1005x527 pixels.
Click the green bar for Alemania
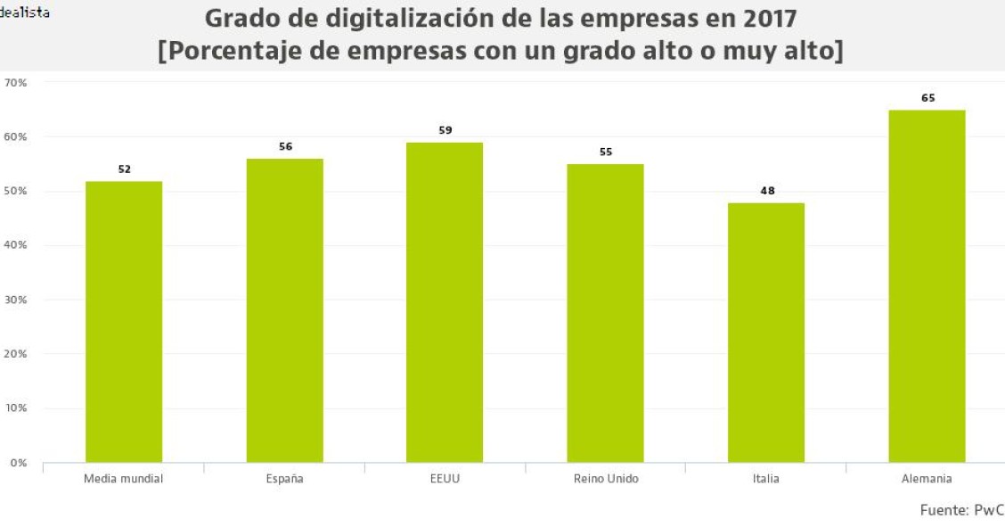click(x=927, y=286)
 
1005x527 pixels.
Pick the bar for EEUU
click(x=445, y=302)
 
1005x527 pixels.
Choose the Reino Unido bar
click(x=605, y=313)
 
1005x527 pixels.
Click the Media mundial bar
click(x=124, y=322)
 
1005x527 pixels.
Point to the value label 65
click(x=927, y=98)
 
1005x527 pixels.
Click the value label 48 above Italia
click(x=766, y=190)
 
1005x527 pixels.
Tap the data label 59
click(x=445, y=130)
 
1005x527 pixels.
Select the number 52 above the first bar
click(x=125, y=169)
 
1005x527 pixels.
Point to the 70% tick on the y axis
click(x=16, y=83)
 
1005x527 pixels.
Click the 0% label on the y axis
click(x=19, y=463)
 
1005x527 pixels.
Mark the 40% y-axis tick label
click(x=16, y=245)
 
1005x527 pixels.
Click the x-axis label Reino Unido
click(x=606, y=479)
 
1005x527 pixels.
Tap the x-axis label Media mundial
click(x=124, y=479)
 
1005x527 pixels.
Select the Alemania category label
click(x=927, y=479)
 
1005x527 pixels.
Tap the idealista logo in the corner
click(x=24, y=12)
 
